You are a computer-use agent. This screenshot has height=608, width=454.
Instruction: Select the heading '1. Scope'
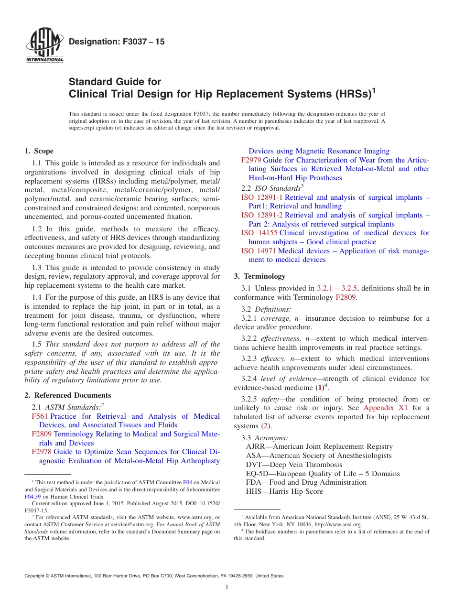[39, 151]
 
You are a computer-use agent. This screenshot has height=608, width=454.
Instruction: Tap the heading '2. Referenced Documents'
[68, 395]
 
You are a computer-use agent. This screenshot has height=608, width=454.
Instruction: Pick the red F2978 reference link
[42, 452]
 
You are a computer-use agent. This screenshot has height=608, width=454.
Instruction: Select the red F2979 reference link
[251, 160]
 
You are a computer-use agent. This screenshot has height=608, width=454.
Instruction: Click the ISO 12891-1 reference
[262, 197]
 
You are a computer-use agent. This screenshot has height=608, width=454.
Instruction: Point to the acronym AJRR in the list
[257, 446]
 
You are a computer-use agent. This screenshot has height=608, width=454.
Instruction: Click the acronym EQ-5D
[258, 474]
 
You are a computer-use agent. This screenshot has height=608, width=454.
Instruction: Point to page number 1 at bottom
[227, 587]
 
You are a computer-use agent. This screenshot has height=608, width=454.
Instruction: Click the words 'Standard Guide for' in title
[115, 82]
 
